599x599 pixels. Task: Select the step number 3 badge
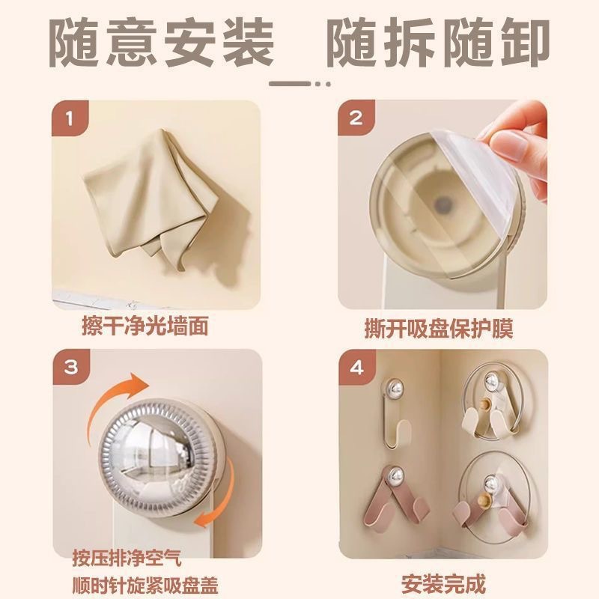pyautogui.click(x=69, y=368)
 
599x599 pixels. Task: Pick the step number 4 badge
pyautogui.click(x=356, y=368)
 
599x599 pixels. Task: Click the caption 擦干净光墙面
pyautogui.click(x=145, y=327)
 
